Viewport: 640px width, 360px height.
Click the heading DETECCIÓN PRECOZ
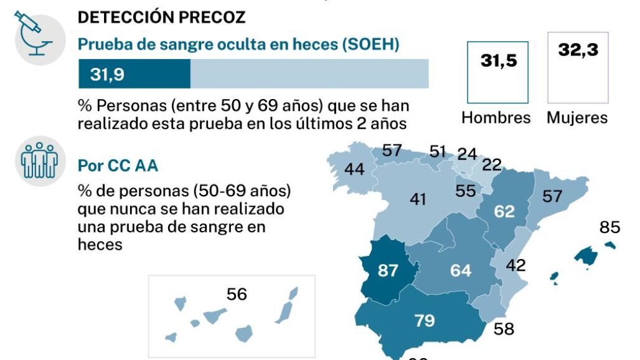161,17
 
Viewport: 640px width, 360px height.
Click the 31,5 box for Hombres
498,72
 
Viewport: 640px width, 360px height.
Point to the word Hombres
496,118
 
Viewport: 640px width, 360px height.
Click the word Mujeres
577,118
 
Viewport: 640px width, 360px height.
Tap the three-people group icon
39,161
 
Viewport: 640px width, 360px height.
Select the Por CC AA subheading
118,166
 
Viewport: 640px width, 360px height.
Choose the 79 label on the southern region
425,321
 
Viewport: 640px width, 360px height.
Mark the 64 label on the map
461,271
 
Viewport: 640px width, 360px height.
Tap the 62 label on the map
504,211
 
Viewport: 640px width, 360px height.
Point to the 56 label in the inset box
237,294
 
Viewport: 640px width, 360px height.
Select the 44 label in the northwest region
354,169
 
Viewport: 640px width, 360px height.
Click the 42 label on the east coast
515,265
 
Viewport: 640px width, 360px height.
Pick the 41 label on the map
418,199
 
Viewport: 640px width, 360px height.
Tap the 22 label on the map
492,165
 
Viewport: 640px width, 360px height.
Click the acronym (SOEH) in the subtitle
367,44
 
